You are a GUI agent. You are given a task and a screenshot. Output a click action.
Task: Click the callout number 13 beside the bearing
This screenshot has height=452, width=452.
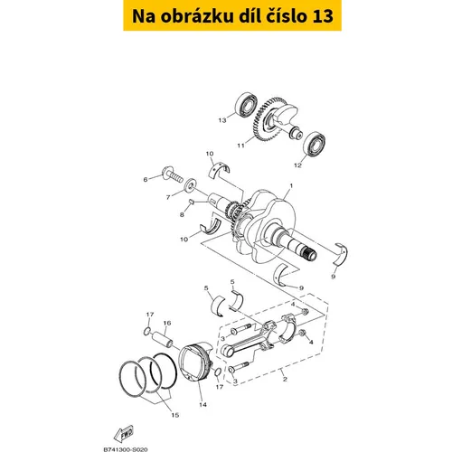[222, 120]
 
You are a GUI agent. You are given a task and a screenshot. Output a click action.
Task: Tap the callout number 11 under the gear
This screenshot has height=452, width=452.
[240, 146]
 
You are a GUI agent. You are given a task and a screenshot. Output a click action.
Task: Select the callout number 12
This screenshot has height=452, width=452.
[297, 165]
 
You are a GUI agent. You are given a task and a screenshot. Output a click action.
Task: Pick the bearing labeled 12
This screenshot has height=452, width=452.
[315, 144]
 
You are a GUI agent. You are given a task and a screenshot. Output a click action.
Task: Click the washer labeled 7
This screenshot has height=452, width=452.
[190, 184]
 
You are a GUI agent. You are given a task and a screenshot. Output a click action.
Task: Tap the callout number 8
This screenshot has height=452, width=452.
[182, 215]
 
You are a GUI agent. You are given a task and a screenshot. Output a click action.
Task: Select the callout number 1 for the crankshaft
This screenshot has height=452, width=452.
[291, 186]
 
